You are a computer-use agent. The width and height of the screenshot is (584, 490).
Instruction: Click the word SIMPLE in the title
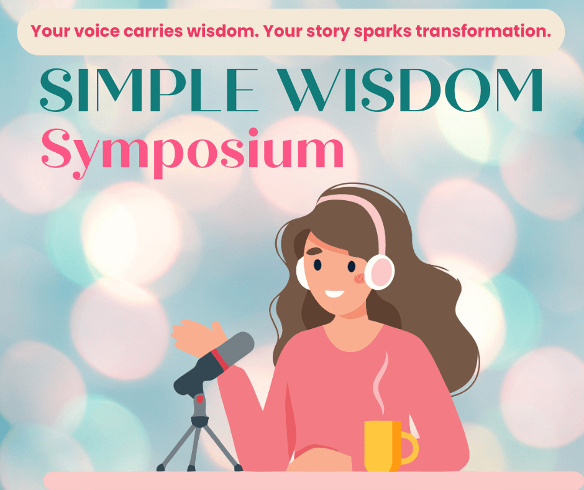click(149, 90)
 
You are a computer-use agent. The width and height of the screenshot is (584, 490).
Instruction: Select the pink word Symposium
click(192, 153)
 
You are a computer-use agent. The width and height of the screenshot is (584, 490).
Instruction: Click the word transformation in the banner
click(483, 31)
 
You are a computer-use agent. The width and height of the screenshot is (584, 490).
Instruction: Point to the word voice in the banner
click(97, 31)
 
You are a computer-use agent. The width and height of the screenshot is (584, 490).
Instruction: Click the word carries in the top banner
click(153, 31)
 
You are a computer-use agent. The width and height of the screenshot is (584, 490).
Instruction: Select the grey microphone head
click(235, 348)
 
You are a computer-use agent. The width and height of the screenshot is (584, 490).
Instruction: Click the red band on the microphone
click(219, 359)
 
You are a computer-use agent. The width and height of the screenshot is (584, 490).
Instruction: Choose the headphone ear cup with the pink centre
click(379, 272)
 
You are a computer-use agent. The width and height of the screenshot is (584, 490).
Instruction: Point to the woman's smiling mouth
click(334, 294)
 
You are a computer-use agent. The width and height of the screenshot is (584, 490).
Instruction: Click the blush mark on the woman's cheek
click(360, 278)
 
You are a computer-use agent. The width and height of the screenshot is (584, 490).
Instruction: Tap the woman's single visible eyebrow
click(314, 252)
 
